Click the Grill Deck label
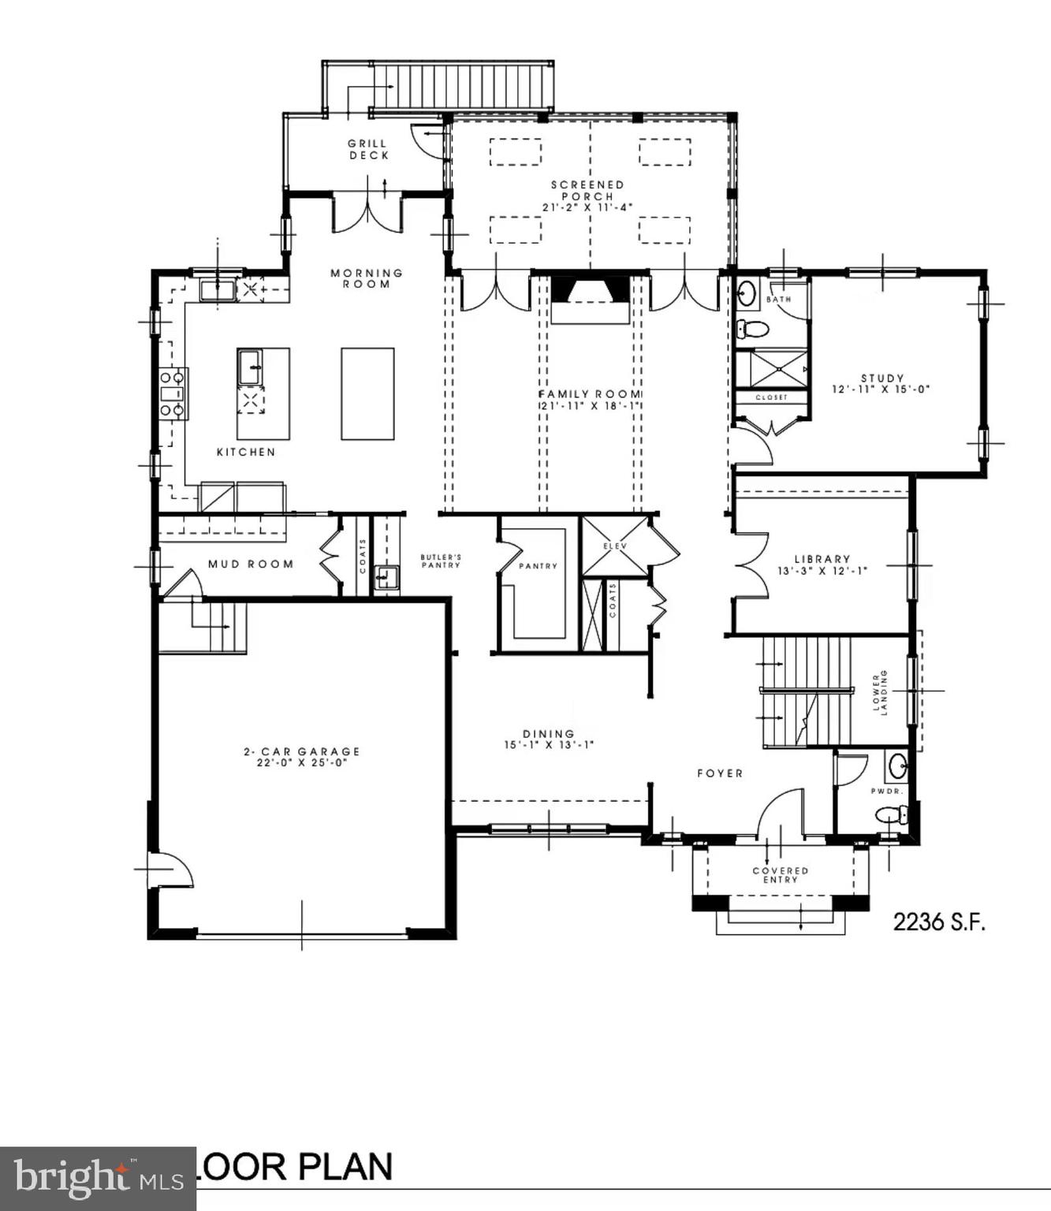point(368,150)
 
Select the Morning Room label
point(367,278)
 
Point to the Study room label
point(882,378)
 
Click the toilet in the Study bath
point(753,330)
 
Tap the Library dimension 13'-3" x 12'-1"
point(822,571)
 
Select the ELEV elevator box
point(614,546)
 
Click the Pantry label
point(538,566)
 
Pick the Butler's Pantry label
point(441,561)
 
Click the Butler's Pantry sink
point(386,578)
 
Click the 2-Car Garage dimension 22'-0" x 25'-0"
point(301,762)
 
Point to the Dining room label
point(549,733)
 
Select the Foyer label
point(720,773)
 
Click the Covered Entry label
point(781,875)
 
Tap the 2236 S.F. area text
point(939,922)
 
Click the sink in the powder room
point(897,765)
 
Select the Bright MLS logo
point(98,1178)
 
